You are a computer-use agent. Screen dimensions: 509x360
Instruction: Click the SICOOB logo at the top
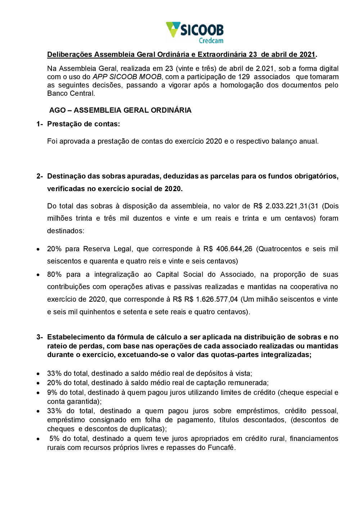pos(194,30)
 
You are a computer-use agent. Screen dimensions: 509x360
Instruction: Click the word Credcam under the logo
pos(211,41)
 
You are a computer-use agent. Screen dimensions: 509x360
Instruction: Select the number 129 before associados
pos(244,77)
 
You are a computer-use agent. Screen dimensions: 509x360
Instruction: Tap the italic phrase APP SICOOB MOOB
pos(127,77)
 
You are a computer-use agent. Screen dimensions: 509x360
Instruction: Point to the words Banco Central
pos(71,93)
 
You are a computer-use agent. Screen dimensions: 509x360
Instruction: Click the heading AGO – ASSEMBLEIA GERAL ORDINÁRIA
pos(120,110)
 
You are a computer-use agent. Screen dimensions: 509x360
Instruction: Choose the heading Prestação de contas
pos(83,124)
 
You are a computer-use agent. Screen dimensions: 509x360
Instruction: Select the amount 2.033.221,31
pos(287,206)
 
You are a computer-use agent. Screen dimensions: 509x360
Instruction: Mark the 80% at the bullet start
pos(54,274)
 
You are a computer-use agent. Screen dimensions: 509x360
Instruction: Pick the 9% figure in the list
pos(52,392)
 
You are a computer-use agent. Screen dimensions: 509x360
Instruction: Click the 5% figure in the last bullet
pos(54,438)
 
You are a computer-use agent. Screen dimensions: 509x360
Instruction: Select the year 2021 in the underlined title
pos(307,54)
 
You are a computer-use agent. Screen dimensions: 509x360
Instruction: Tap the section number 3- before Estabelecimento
pos(40,337)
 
